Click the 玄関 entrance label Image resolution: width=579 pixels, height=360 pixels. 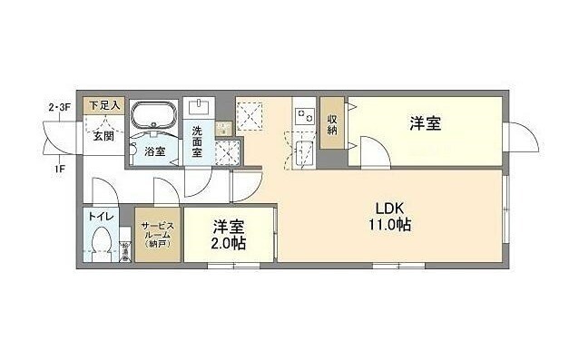pyautogui.click(x=103, y=136)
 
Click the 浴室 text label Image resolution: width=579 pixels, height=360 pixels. pyautogui.click(x=154, y=151)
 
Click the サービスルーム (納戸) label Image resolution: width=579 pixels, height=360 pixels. pyautogui.click(x=159, y=234)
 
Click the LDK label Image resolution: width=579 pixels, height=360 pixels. pyautogui.click(x=390, y=206)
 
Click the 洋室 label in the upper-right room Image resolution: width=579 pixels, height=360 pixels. pyautogui.click(x=425, y=123)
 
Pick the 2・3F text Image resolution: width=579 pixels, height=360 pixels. pyautogui.click(x=59, y=108)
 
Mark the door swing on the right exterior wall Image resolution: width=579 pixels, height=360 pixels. pyautogui.click(x=520, y=138)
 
